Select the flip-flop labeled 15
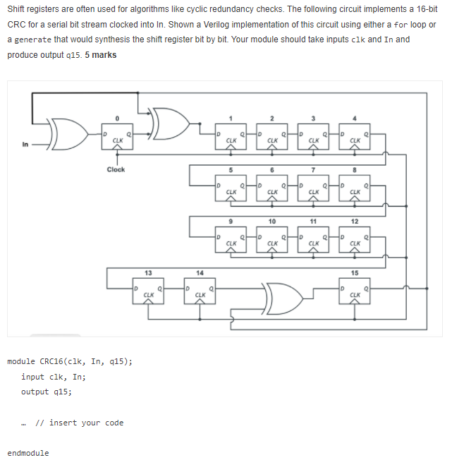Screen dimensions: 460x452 click(x=355, y=291)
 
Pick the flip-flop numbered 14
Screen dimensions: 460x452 click(x=200, y=291)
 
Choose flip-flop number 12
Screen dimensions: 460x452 click(x=355, y=240)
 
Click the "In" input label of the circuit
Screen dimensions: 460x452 click(x=26, y=145)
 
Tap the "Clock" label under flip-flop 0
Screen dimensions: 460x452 click(x=116, y=169)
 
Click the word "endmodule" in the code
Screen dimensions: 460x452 click(x=28, y=453)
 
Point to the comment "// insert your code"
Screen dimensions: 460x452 click(x=79, y=423)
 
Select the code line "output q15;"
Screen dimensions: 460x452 click(x=46, y=392)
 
